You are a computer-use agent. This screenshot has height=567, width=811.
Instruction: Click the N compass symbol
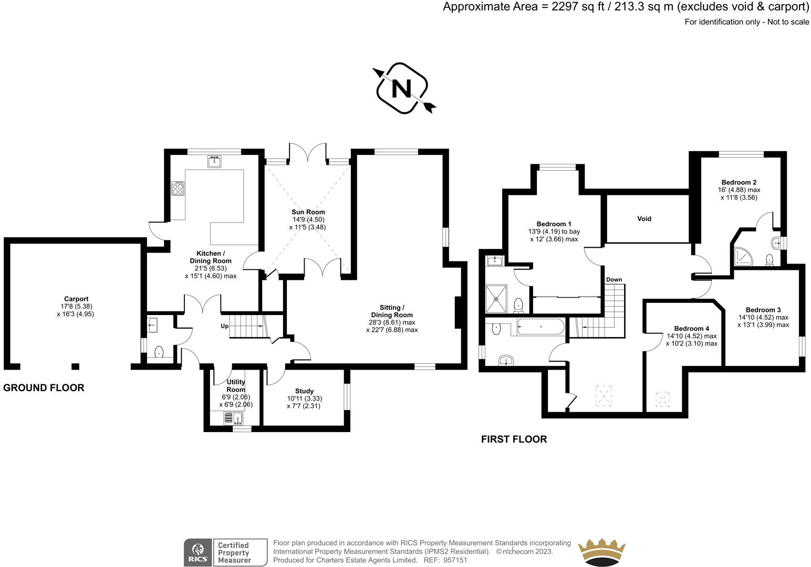point(402,88)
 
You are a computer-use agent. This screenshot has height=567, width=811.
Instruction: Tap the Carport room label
point(76,299)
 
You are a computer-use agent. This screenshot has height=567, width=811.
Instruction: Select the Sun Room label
point(308,212)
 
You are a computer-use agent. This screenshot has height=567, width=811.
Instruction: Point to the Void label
point(644,218)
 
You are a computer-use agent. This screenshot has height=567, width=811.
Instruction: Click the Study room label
point(304,391)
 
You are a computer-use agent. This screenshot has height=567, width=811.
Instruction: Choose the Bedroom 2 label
point(739,183)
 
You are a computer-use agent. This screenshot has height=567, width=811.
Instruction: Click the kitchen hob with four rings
point(178,188)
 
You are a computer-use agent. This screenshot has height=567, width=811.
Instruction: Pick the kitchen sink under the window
point(214,162)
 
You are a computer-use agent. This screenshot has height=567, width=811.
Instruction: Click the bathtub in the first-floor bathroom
point(540,328)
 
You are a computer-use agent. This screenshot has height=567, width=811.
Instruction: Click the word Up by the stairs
point(224,326)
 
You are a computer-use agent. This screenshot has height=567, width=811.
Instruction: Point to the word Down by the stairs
point(614,280)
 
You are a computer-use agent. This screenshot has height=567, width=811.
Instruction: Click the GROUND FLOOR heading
point(44,388)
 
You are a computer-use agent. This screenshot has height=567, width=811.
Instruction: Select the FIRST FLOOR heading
point(514,439)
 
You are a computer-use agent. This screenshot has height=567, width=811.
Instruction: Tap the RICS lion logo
point(197,552)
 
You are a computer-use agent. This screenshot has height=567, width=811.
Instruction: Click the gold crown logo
point(601,551)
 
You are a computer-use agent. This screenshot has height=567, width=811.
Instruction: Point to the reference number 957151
point(455,560)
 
